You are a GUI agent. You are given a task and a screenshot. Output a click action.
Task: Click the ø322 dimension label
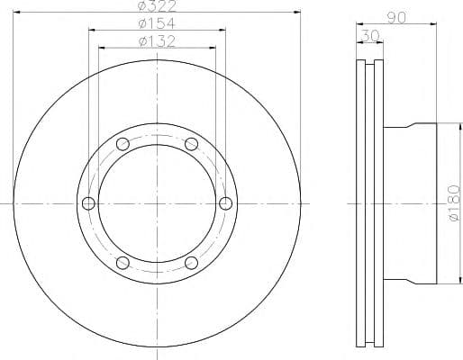[x=157, y=6]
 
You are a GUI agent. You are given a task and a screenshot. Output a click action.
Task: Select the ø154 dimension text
[x=157, y=23]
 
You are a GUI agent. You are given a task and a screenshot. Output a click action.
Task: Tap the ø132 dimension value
[x=157, y=41]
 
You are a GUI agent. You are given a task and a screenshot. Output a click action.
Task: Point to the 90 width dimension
[x=396, y=18]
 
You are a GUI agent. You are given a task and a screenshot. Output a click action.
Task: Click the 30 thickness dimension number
[x=370, y=36]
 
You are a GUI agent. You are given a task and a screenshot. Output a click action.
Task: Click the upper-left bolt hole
[x=123, y=144]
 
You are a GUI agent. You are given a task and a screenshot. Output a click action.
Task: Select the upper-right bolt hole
[x=191, y=144]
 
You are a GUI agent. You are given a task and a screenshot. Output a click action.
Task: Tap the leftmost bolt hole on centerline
[x=88, y=203]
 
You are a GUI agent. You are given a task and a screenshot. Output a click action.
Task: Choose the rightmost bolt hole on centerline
[x=225, y=203]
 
